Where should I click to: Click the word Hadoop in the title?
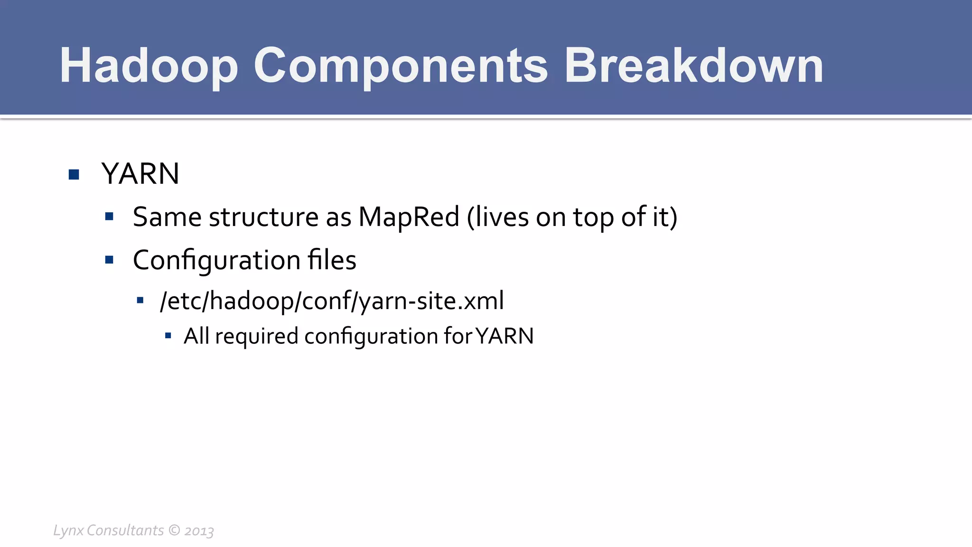[x=148, y=66]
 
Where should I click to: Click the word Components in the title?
[x=401, y=66]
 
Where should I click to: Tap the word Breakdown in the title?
[x=693, y=66]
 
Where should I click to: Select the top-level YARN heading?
[x=140, y=174]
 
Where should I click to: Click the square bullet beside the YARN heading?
[x=74, y=174]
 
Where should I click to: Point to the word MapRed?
[x=409, y=217]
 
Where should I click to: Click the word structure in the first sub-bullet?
[x=263, y=217]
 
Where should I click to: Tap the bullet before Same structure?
[x=109, y=217]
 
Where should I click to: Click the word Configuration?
[x=216, y=261]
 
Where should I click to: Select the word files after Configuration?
[x=332, y=260]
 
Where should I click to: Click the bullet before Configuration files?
[x=109, y=260]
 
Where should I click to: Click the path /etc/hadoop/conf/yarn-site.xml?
[x=332, y=301]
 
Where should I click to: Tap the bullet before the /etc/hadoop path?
[x=140, y=300]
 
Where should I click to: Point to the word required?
[x=256, y=337]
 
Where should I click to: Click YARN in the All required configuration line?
[x=505, y=336]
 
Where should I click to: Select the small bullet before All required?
[x=168, y=336]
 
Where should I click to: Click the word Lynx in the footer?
[x=68, y=530]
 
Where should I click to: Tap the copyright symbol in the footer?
[x=174, y=530]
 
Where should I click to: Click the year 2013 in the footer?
[x=199, y=531]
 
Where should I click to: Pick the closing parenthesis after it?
[x=673, y=217]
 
